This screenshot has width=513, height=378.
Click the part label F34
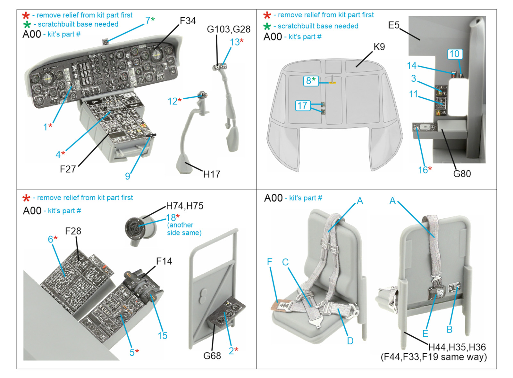pyautogui.click(x=188, y=21)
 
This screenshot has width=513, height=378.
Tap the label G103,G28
pyautogui.click(x=228, y=29)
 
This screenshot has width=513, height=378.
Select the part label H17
pyautogui.click(x=212, y=174)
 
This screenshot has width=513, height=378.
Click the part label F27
pyautogui.click(x=68, y=169)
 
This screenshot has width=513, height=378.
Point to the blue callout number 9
pyautogui.click(x=128, y=176)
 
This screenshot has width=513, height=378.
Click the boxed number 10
pyautogui.click(x=454, y=54)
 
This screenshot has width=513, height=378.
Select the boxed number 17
pyautogui.click(x=302, y=105)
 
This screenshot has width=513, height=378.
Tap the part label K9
pyautogui.click(x=379, y=47)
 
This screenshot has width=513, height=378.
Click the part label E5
pyautogui.click(x=394, y=25)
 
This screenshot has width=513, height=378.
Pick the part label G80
pyautogui.click(x=462, y=174)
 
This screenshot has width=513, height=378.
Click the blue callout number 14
pyautogui.click(x=411, y=66)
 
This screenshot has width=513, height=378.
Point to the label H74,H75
pyautogui.click(x=185, y=206)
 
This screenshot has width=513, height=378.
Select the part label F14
pyautogui.click(x=164, y=261)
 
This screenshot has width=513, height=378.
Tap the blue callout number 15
pyautogui.click(x=162, y=336)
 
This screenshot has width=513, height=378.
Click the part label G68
pyautogui.click(x=212, y=356)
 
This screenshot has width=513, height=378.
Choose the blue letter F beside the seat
pyautogui.click(x=270, y=262)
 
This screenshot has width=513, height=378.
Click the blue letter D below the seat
pyautogui.click(x=350, y=341)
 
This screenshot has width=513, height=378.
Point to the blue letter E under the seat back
pyautogui.click(x=425, y=334)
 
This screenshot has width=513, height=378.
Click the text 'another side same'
pyautogui.click(x=184, y=229)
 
